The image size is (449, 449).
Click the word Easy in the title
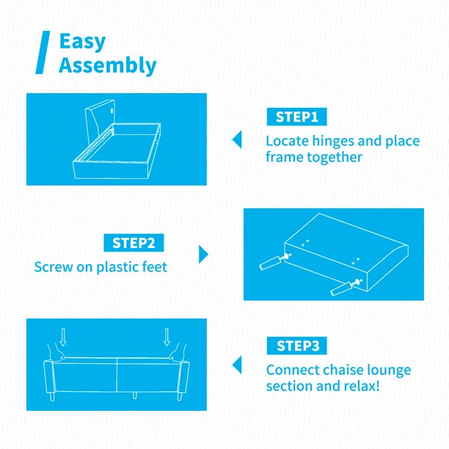[x=82, y=42]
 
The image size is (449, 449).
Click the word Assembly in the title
[x=108, y=65]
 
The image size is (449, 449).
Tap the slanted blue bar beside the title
[x=43, y=52]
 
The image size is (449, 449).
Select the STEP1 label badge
[x=296, y=117]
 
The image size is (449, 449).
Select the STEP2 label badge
[x=134, y=243]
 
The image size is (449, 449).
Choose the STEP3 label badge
[x=296, y=346]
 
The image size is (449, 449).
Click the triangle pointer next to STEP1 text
[x=237, y=139]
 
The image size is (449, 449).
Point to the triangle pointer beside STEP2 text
[x=203, y=255]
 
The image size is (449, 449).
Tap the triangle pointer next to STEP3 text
[x=237, y=365]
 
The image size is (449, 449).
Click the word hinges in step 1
[x=333, y=141]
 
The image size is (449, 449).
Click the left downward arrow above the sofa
[x=63, y=337]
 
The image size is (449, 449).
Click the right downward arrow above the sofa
[x=167, y=337]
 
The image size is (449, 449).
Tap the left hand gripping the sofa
[x=56, y=352]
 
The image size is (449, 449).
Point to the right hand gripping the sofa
[x=178, y=351]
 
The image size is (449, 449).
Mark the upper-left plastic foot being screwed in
[x=271, y=263]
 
